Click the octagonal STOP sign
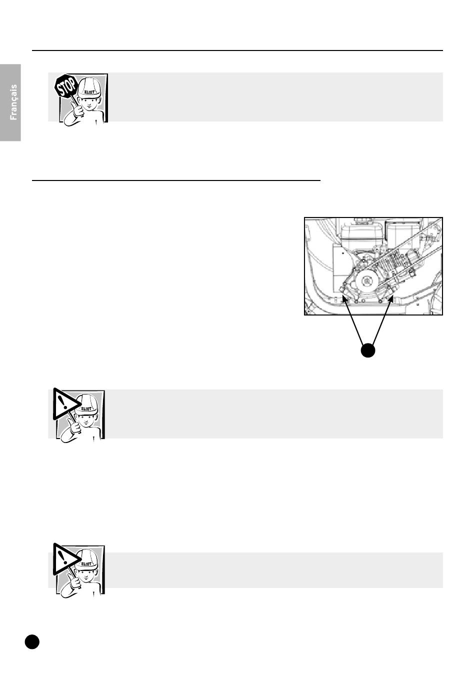[x=65, y=85]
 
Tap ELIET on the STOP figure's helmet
[x=89, y=92]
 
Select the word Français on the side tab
[x=13, y=102]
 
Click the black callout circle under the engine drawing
[x=368, y=350]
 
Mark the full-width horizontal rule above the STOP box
[x=237, y=50]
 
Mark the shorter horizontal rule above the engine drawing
[x=176, y=180]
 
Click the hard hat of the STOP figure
[x=89, y=87]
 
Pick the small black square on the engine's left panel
[x=343, y=253]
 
